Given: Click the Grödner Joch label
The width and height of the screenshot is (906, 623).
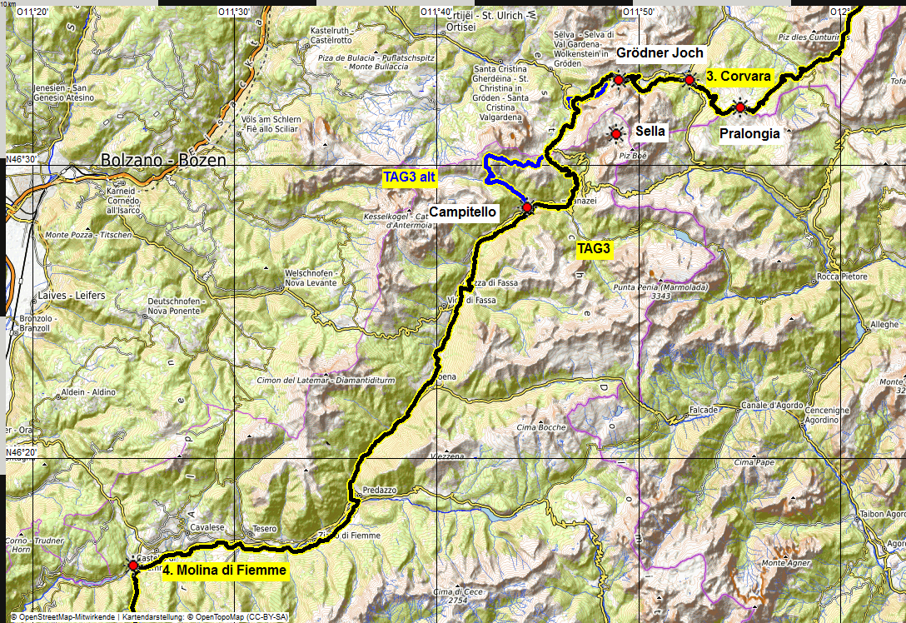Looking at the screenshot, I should (660, 53).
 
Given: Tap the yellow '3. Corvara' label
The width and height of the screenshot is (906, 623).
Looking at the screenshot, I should (738, 76).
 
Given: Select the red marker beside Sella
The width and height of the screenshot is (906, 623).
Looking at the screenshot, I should (616, 133).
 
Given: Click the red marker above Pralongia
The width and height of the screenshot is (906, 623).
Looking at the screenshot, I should (739, 107).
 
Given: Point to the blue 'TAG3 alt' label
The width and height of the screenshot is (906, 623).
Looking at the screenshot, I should (409, 177).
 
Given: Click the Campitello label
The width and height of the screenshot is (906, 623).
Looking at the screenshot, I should (463, 212).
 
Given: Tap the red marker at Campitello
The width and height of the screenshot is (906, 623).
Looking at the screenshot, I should (526, 207).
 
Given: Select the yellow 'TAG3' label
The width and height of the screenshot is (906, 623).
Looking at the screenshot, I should (595, 248).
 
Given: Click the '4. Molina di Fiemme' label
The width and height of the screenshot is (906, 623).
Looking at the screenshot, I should (224, 571).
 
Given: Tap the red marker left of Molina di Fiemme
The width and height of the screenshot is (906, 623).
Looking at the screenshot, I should (133, 566).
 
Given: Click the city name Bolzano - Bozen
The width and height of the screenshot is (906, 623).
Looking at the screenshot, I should (163, 159).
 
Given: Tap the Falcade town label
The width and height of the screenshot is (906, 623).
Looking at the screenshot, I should (704, 411).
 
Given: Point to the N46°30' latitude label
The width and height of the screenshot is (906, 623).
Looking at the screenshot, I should (23, 159).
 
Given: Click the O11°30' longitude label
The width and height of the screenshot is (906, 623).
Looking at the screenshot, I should (234, 12).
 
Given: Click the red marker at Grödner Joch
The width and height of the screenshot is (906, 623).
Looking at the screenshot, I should (619, 80).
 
